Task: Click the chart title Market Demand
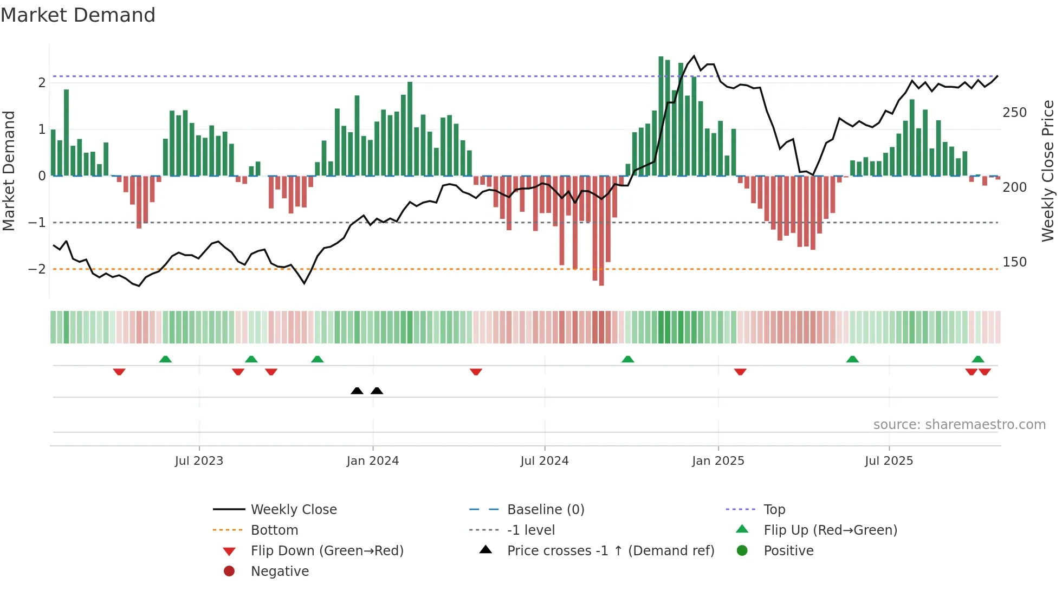coord(78,15)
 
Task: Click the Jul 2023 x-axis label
coord(199,461)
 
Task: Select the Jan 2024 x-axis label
coord(373,461)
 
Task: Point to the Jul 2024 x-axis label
coord(545,461)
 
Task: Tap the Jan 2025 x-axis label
coord(718,461)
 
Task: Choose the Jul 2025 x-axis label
coord(889,461)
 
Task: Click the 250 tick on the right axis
coord(1014,113)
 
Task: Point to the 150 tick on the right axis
coord(1014,262)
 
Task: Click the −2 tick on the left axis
coord(37,269)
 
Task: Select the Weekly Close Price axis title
coord(1048,171)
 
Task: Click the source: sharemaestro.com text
coord(959,425)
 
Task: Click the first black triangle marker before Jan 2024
coord(357,391)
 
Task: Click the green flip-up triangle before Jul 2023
coord(165,359)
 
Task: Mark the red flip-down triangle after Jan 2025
coord(740,372)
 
